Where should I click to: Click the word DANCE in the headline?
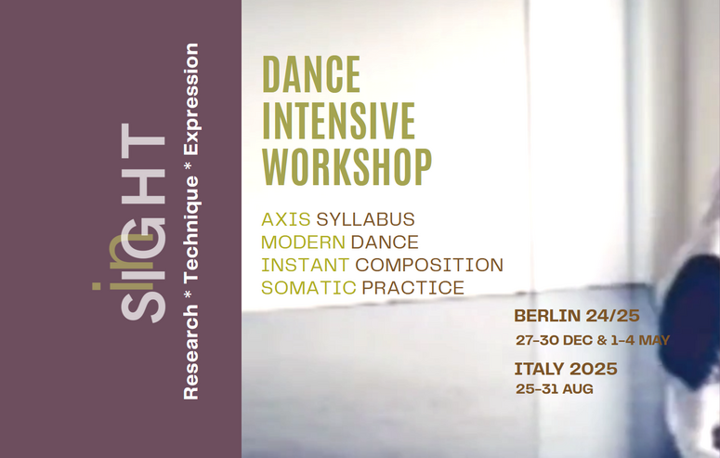pos(311,74)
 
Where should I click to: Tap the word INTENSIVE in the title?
pos(339,121)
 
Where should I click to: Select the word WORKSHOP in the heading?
pos(347,166)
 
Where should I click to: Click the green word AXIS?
pos(285,219)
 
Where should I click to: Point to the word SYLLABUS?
pos(365,219)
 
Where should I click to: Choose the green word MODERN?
pos(303,242)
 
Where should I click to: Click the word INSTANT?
pos(306,265)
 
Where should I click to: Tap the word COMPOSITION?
pos(429,265)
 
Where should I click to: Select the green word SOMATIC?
pos(308,288)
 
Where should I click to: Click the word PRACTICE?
pos(413,288)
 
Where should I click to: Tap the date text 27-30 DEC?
pos(555,340)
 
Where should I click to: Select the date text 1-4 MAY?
pos(640,340)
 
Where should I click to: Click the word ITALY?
pos(539,369)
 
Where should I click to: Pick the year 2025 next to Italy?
pos(594,369)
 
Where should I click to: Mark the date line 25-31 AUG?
pos(555,389)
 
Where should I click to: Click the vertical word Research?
pos(191,351)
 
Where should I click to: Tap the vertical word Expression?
pos(191,99)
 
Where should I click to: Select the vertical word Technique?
pos(191,229)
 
